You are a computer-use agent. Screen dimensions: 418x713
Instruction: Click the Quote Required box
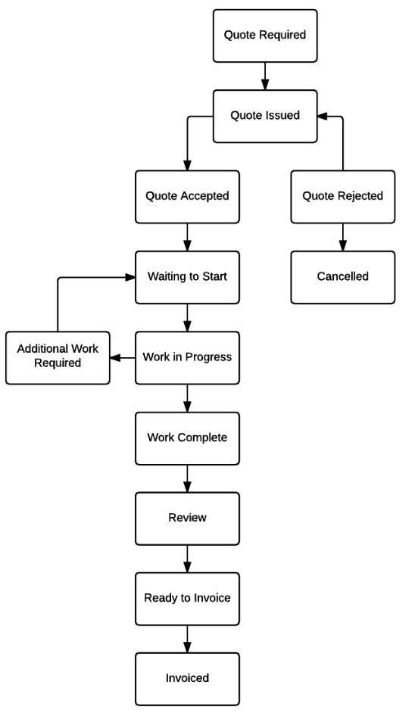265,36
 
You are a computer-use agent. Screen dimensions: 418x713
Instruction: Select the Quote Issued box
265,117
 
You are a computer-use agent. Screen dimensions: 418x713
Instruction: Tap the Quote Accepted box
187,197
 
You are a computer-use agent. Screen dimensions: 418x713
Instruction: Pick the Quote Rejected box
343,197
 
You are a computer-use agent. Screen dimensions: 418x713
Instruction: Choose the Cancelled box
343,277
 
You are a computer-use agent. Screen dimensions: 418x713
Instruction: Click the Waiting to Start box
187,277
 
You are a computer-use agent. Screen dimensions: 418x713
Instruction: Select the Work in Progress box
187,358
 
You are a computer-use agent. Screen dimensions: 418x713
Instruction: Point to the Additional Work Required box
58,358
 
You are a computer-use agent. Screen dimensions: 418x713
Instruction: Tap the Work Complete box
187,438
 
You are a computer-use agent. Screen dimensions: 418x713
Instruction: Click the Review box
187,518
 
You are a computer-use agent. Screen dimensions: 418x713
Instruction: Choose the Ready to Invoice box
187,599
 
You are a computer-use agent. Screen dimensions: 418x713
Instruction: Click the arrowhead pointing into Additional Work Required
115,358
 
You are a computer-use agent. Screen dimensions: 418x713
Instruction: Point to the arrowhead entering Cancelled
343,245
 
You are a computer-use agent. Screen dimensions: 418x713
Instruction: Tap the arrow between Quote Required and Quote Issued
265,76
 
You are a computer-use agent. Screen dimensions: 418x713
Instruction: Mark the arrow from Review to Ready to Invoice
187,559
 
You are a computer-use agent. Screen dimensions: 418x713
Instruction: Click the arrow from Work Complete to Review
187,478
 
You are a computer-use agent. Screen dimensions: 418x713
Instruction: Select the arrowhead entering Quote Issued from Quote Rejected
323,117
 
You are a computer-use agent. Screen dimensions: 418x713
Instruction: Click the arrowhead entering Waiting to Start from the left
129,277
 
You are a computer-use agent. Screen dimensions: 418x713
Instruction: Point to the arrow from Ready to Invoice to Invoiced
187,640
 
